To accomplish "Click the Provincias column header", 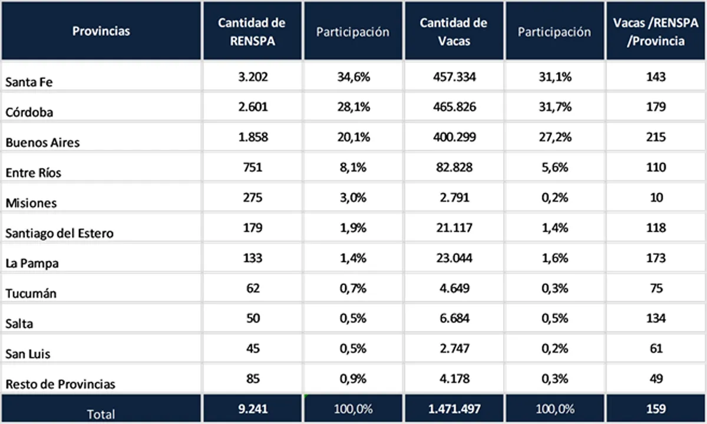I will tap(101, 31).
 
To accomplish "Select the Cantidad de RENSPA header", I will tap(252, 31).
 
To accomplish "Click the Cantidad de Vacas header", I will tap(453, 31).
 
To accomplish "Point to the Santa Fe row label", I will tap(29, 83).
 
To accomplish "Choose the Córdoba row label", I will tap(29, 113).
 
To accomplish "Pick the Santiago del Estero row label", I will tap(60, 233).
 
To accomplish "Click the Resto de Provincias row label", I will tap(60, 384).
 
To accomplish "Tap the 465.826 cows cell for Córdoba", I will tap(453, 107).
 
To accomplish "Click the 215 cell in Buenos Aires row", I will tap(655, 137).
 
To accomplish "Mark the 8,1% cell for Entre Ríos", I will tap(352, 167).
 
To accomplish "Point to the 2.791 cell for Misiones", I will tap(453, 198).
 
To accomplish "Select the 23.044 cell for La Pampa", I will tap(453, 258).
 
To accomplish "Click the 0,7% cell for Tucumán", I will tap(352, 288).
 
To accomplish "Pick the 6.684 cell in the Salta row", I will tap(453, 318).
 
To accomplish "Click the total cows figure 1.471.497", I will tap(453, 409).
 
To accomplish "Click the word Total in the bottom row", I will tap(101, 414).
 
